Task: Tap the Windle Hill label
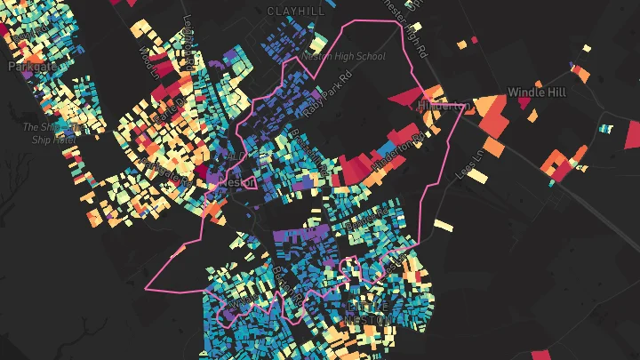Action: [x=537, y=92]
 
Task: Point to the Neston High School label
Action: [x=343, y=56]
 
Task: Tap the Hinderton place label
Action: [x=443, y=106]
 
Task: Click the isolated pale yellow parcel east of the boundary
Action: [x=444, y=225]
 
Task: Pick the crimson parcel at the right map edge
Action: [x=632, y=133]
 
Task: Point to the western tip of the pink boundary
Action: [x=147, y=289]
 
